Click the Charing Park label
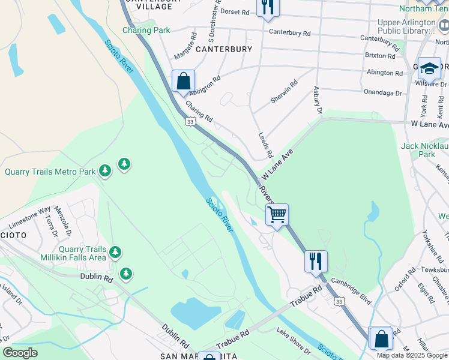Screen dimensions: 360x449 click(x=146, y=30)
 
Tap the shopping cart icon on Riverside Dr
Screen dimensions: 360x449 click(x=277, y=214)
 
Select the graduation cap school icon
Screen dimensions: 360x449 click(x=429, y=69)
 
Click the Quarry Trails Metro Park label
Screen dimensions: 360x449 click(x=50, y=172)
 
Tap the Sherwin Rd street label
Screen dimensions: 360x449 click(x=284, y=92)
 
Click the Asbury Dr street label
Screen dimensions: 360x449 click(x=318, y=100)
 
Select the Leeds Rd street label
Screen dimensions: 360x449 click(x=265, y=146)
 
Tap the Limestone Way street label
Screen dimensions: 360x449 click(x=29, y=216)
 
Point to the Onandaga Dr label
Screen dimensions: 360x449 click(x=382, y=92)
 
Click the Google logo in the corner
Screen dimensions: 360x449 click(x=20, y=353)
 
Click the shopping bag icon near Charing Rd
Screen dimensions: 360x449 click(x=183, y=81)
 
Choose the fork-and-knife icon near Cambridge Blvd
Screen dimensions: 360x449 click(x=315, y=260)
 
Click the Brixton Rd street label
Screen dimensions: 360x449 click(x=379, y=56)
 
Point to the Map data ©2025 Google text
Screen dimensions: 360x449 click(x=412, y=355)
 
